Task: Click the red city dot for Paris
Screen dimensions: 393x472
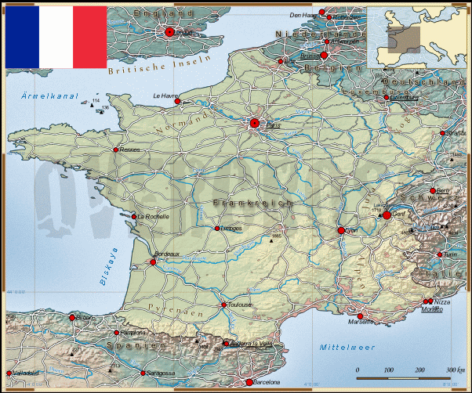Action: click(x=255, y=123)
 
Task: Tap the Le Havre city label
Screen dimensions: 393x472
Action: click(x=165, y=97)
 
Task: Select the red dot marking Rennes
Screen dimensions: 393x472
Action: click(x=116, y=150)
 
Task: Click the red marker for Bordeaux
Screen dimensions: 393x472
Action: click(x=153, y=261)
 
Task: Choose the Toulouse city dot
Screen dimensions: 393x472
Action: click(x=223, y=305)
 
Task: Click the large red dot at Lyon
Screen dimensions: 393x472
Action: click(x=341, y=230)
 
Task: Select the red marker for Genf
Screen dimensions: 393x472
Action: click(x=387, y=215)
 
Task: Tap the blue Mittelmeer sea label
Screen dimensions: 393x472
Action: click(x=347, y=346)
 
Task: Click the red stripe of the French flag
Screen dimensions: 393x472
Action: click(x=89, y=37)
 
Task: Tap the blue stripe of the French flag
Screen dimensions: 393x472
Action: click(x=22, y=37)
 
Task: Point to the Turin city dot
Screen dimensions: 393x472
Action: click(x=440, y=254)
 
